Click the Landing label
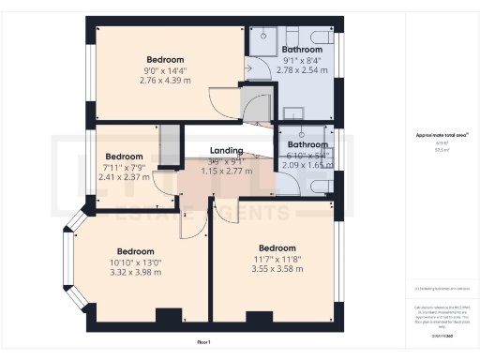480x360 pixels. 226,150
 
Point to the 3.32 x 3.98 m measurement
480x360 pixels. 136,272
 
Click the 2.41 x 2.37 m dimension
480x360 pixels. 124,175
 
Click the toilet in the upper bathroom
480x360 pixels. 318,36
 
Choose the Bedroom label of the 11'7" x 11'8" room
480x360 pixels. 278,247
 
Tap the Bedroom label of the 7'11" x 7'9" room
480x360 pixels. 124,156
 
